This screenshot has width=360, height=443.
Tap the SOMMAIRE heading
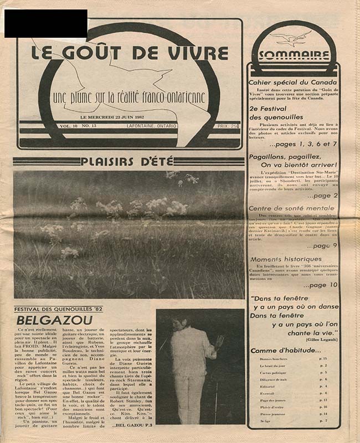293,55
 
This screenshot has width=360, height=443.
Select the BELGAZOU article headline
43,320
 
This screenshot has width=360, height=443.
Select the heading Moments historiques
285,259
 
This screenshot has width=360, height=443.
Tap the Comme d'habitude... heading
281,351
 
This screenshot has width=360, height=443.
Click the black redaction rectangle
45,23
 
